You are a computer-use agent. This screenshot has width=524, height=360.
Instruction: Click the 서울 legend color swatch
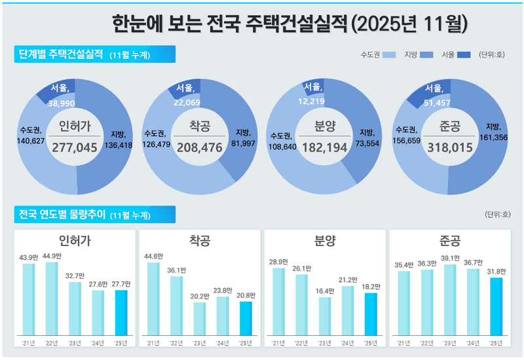click(464, 54)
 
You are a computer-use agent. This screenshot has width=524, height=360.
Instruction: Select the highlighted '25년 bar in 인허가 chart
click(121, 312)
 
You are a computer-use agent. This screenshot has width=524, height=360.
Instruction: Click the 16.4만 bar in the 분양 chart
click(324, 315)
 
